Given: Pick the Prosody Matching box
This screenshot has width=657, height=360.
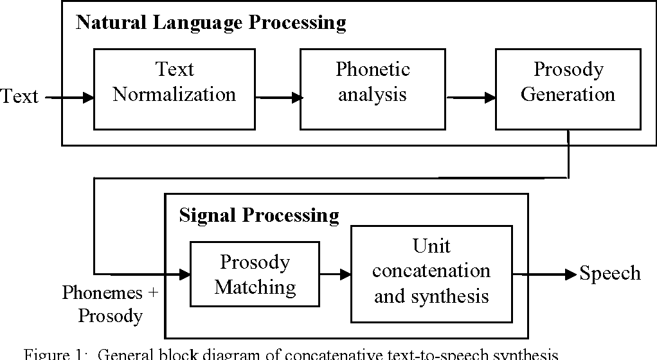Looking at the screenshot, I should tap(255, 274).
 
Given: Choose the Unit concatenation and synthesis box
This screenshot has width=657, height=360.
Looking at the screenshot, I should tap(431, 273).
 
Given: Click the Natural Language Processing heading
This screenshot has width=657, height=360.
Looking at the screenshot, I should tap(211, 23).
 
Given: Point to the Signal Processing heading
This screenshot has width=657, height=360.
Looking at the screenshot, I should tap(258, 215).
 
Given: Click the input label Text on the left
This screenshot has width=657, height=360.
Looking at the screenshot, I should tap(19, 97).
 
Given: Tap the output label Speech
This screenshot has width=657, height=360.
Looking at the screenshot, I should tap(610, 274).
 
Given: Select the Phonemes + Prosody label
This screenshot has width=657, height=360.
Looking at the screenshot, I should tap(110, 304).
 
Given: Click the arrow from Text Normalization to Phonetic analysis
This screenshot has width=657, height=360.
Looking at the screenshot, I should tap(279, 98).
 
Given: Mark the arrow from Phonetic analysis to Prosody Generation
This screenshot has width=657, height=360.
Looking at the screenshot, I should tap(472, 98).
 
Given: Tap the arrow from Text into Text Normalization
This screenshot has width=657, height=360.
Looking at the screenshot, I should tap(71, 98).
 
